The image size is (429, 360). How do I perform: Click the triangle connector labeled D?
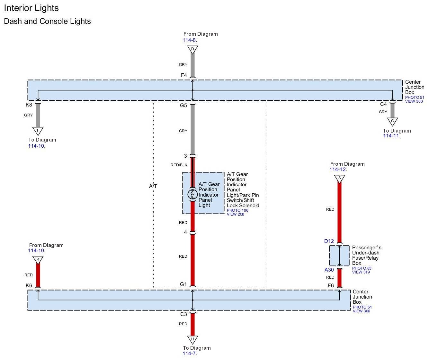[192, 49]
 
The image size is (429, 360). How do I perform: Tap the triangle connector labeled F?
[38, 131]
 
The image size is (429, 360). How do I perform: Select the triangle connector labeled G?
[392, 121]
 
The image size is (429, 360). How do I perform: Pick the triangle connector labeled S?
[339, 178]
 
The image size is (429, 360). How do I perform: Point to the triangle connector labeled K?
[38, 259]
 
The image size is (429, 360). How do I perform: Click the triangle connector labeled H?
[192, 339]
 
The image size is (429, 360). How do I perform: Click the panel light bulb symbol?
[192, 194]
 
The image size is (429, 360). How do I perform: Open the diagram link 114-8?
[189, 40]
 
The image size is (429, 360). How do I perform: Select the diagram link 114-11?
[391, 136]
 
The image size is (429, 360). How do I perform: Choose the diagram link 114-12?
[338, 170]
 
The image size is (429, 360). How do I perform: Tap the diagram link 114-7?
[189, 354]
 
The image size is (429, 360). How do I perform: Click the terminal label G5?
[183, 105]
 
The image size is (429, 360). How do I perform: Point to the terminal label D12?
[329, 241]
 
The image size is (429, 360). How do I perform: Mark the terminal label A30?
[329, 270]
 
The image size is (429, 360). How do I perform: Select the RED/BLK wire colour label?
[179, 165]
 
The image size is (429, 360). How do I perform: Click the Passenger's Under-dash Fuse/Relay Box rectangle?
[339, 256]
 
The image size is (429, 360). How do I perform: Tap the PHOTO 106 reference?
[237, 210]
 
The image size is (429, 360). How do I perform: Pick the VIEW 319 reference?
[361, 272]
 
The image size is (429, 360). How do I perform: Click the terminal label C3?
[183, 314]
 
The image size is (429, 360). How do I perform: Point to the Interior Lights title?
[31, 8]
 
